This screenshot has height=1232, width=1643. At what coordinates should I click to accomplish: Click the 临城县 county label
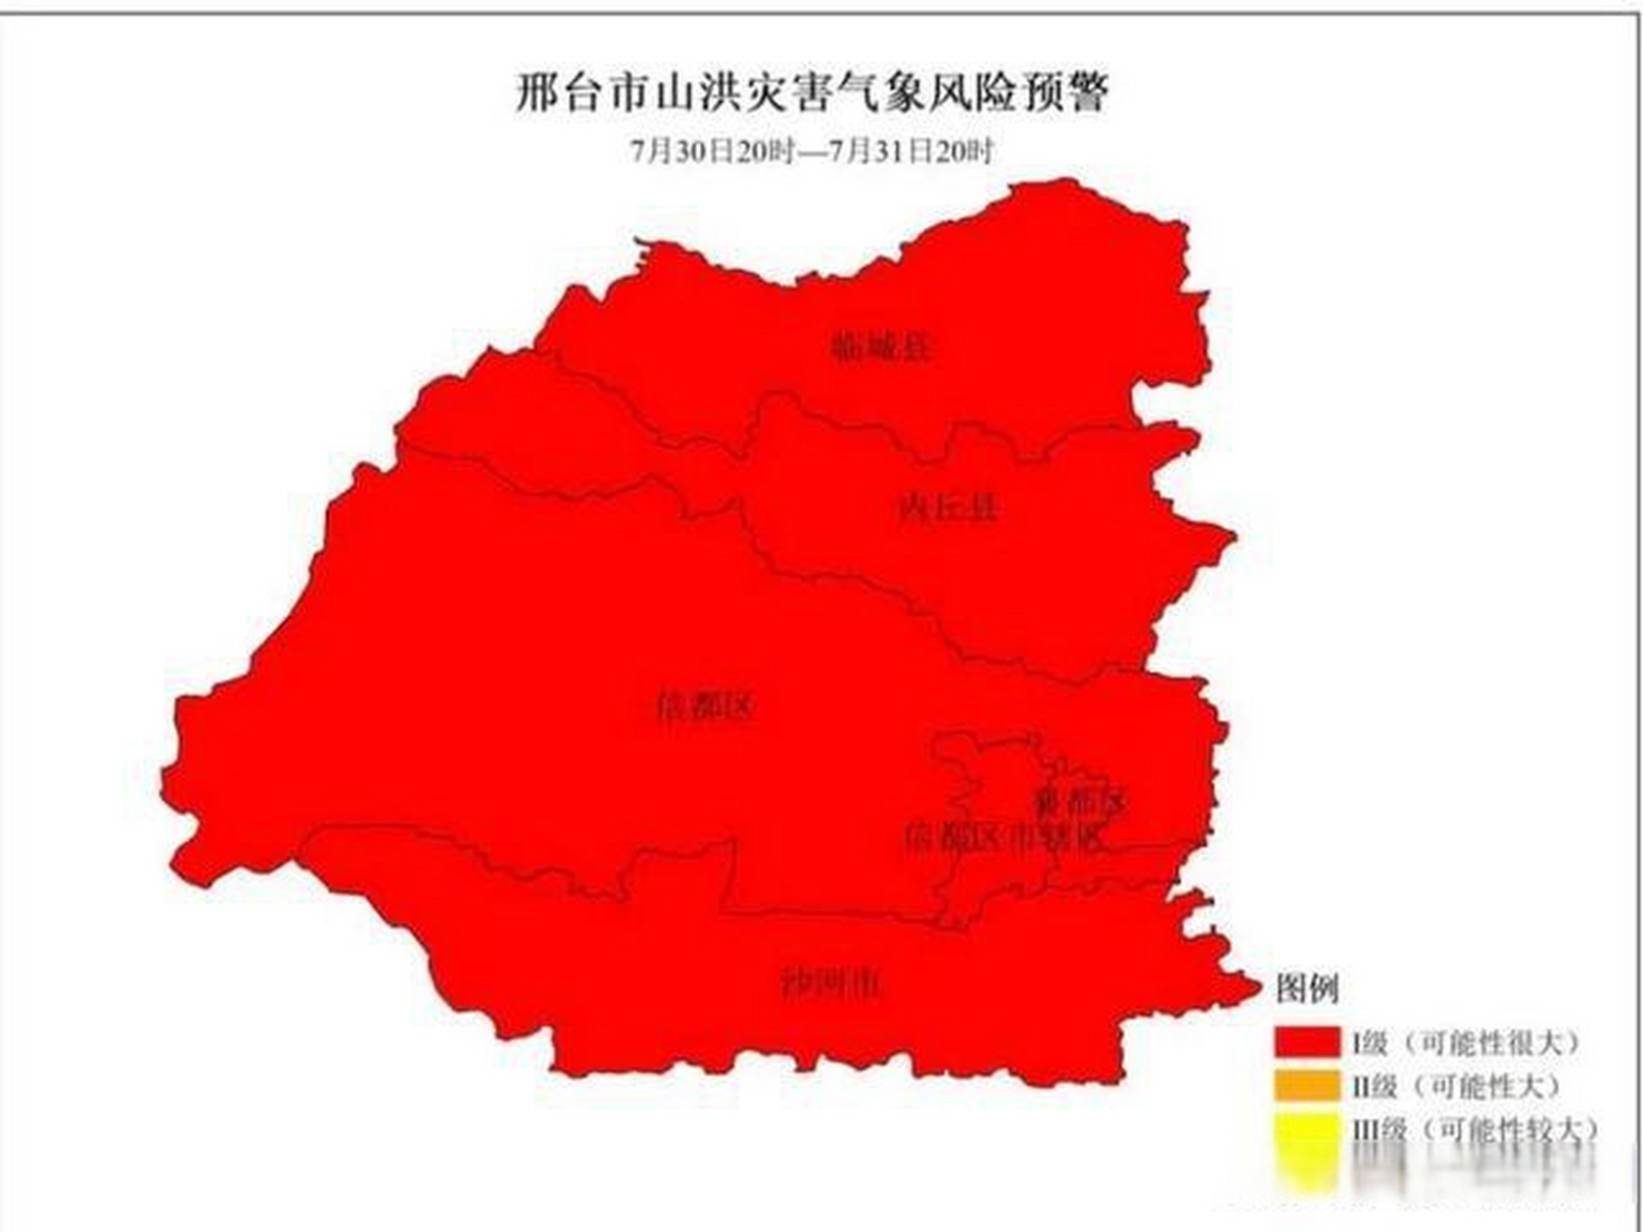882,346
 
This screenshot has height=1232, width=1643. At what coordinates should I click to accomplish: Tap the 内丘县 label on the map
949,506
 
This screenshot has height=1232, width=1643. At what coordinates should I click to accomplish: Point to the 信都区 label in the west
706,707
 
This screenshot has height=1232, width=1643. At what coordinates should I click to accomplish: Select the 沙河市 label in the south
830,983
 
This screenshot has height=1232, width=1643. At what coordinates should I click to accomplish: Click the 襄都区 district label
1079,801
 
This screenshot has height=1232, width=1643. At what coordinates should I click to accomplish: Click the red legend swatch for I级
1306,1041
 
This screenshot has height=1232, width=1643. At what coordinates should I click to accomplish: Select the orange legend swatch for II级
1306,1086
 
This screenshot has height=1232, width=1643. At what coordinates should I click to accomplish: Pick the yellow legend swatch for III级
1306,1130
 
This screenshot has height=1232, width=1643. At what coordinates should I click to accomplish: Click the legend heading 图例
1307,988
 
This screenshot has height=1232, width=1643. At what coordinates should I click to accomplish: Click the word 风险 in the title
968,93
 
